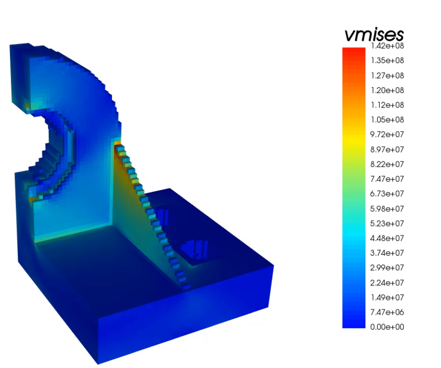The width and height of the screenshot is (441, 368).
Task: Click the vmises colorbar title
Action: (374, 35)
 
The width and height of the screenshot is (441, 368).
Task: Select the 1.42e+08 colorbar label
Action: (387, 46)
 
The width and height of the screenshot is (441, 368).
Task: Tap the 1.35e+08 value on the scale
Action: (387, 60)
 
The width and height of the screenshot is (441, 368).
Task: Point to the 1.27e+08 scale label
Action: (387, 75)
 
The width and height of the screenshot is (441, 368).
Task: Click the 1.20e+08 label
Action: (387, 90)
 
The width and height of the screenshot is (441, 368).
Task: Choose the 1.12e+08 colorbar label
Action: (387, 105)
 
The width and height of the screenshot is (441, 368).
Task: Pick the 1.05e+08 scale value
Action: (387, 120)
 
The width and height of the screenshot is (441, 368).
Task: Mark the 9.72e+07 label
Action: (387, 134)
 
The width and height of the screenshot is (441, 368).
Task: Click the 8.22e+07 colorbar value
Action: (387, 164)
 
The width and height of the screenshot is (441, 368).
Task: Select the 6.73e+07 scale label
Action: (387, 194)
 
